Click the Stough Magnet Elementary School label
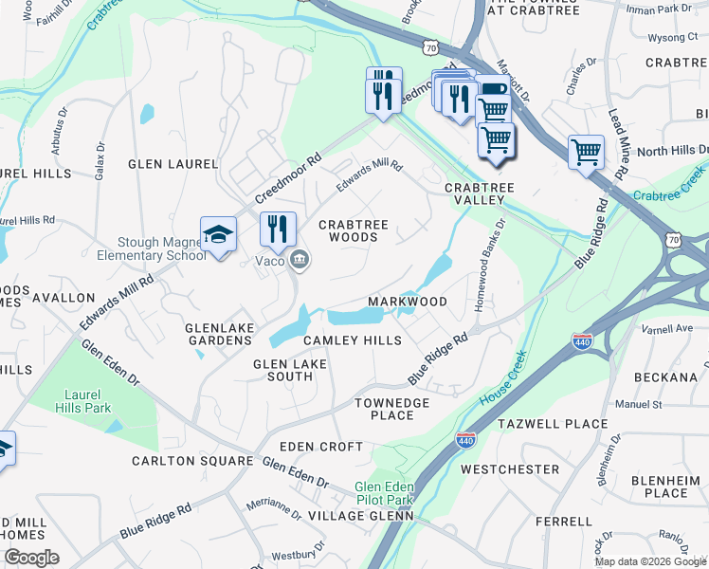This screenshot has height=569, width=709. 160,248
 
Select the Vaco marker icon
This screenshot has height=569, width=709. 300,259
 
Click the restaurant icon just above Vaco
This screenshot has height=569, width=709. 278,229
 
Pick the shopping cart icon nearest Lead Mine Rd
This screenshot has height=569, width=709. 586,151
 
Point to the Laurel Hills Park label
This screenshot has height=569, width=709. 87,401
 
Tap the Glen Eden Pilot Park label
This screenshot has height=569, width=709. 384,493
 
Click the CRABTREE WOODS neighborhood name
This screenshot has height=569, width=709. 354,230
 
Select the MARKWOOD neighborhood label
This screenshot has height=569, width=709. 407,302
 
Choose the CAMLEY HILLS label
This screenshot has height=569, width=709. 352,340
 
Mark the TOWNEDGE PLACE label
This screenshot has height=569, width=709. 392,410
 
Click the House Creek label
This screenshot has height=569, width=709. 501,380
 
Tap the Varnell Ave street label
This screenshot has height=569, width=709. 666,329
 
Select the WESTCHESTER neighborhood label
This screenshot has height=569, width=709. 509,469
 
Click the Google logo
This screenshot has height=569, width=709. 31,557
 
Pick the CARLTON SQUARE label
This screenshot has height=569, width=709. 193,462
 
